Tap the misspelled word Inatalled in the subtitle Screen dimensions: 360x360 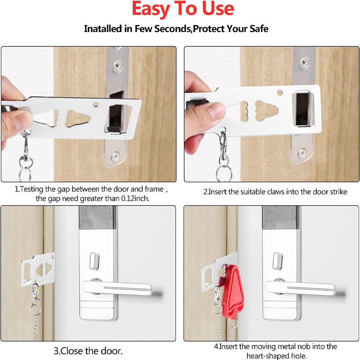click(104, 29)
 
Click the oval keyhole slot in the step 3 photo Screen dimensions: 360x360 click(93, 260)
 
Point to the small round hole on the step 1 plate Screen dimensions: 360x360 click(96, 104)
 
